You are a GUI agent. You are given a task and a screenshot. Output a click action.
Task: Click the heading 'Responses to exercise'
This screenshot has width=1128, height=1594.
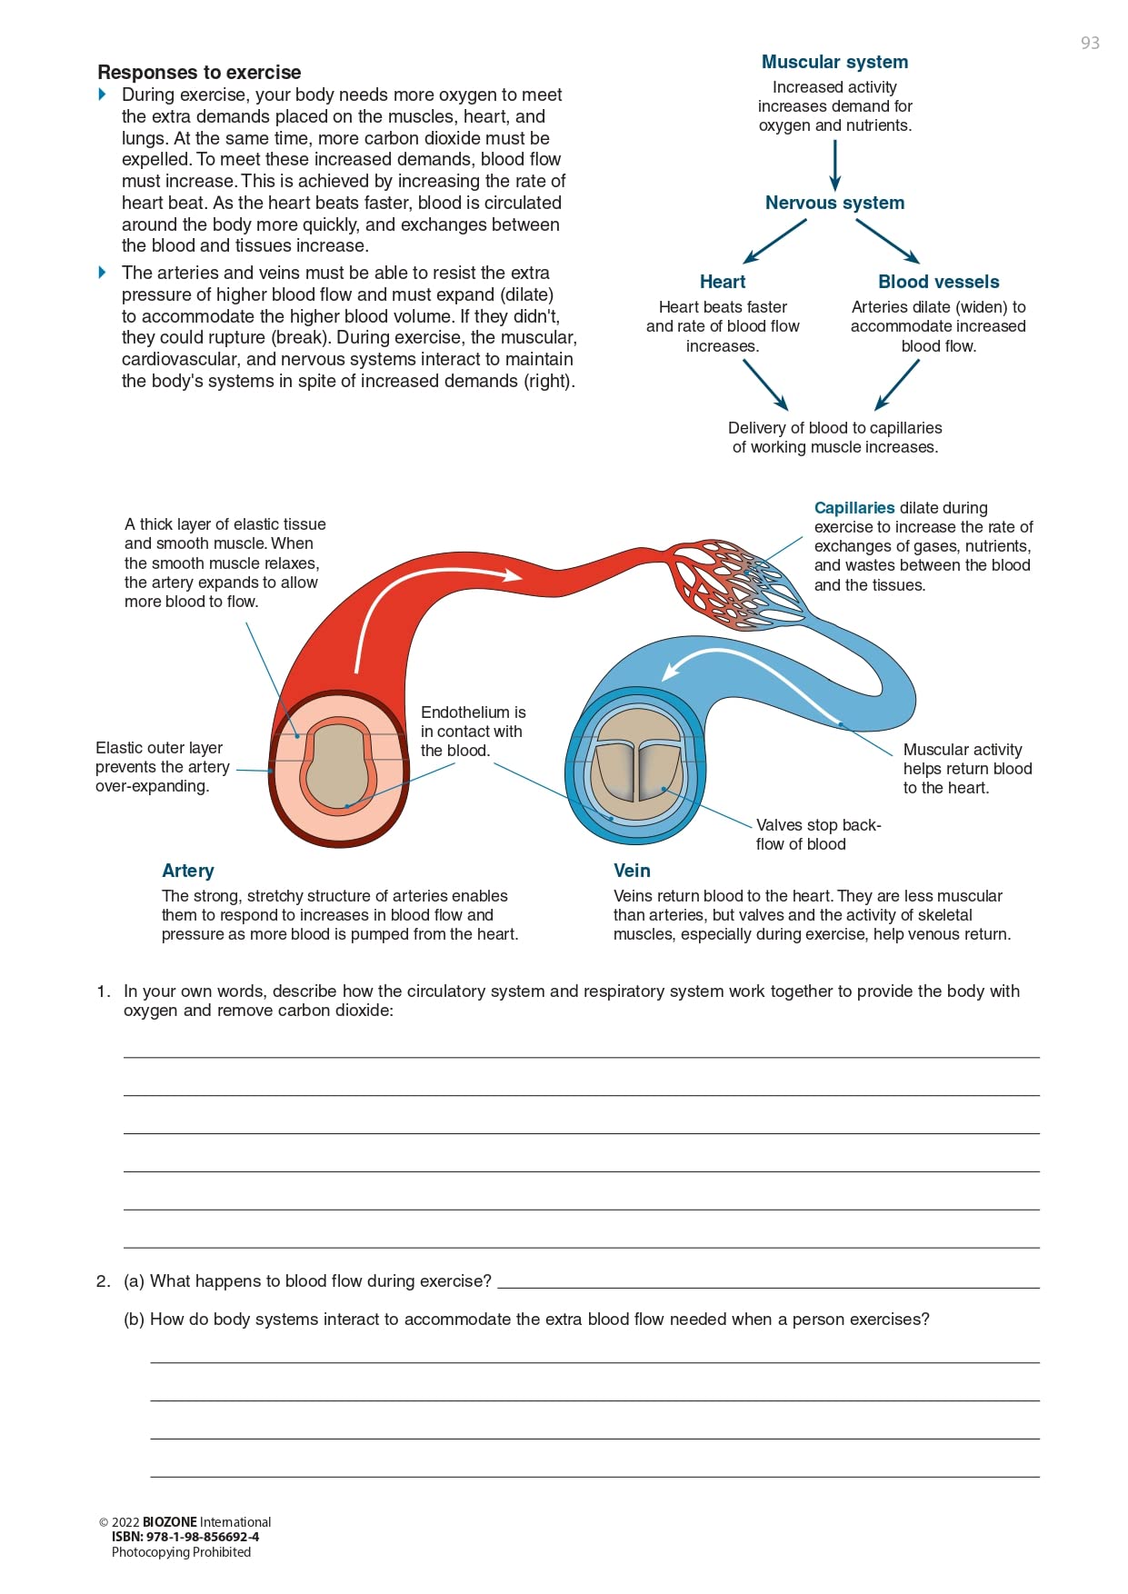pyautogui.click(x=199, y=73)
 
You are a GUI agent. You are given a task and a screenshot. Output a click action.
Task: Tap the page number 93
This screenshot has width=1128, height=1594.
pyautogui.click(x=1090, y=43)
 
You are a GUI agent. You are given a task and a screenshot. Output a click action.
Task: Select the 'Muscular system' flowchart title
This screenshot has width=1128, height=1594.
pyautogui.click(x=834, y=62)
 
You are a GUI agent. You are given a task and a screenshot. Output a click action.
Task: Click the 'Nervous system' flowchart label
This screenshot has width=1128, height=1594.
pyautogui.click(x=834, y=203)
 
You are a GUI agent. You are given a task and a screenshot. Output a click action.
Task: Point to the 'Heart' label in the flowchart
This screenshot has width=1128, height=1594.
pyautogui.click(x=723, y=282)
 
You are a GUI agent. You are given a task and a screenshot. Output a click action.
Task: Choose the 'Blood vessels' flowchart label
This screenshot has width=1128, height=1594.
pyautogui.click(x=938, y=282)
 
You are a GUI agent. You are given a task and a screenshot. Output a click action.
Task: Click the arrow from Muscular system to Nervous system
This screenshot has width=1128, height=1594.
pyautogui.click(x=834, y=165)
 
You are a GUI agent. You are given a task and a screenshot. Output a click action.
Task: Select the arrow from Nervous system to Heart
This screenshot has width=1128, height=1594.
pyautogui.click(x=774, y=242)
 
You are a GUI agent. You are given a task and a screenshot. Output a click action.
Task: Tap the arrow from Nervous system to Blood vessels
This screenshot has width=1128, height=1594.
pyautogui.click(x=887, y=242)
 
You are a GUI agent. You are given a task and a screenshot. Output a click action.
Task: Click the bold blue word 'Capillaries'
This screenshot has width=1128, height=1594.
pyautogui.click(x=854, y=508)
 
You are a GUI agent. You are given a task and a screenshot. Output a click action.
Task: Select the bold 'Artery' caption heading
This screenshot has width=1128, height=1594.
pyautogui.click(x=188, y=871)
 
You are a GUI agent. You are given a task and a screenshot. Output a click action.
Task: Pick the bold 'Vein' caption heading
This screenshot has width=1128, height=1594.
pyautogui.click(x=632, y=871)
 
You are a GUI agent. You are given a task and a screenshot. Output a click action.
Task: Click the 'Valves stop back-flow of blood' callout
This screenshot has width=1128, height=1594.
pyautogui.click(x=817, y=834)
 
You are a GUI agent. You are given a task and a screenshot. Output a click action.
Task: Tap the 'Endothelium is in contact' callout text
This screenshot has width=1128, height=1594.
pyautogui.click(x=473, y=732)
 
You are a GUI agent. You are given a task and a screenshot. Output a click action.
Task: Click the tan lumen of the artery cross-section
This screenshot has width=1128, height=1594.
pyautogui.click(x=336, y=768)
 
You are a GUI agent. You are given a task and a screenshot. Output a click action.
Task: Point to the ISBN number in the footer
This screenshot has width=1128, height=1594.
pyautogui.click(x=185, y=1537)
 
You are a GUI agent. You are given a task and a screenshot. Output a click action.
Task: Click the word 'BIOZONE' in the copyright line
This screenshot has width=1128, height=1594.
pyautogui.click(x=169, y=1522)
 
